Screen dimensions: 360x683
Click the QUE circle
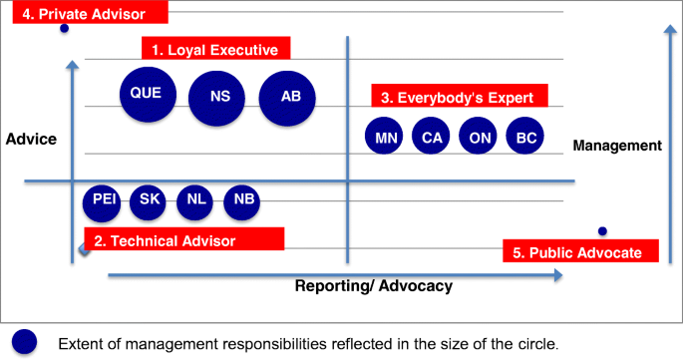coord(146,95)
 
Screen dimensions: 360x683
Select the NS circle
coord(217,98)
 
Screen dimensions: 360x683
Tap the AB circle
coord(288,98)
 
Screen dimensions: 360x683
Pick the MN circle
coord(382,137)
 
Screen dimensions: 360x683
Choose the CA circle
coord(431,137)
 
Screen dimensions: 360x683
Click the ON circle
coord(479,137)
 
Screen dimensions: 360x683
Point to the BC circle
coord(525,137)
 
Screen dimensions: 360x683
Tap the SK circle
coord(150,200)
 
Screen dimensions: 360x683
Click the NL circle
coord(195,200)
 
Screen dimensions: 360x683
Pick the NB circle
coord(242,200)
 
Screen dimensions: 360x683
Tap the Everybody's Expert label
coord(459,97)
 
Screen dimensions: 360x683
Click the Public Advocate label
coord(580,251)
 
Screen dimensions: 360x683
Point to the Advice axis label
coord(31,139)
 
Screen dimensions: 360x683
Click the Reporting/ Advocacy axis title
coord(374,286)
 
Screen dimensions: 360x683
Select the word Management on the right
coord(617,146)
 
